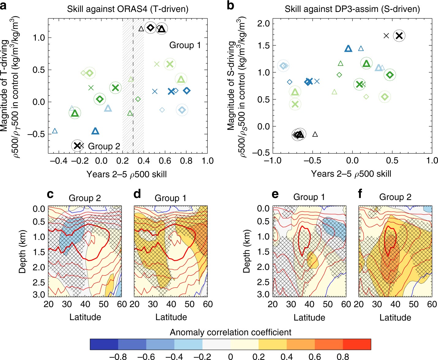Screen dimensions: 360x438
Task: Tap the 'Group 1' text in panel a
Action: tap(185, 45)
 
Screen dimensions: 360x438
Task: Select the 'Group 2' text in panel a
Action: tap(104, 146)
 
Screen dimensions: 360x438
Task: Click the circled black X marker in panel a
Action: tap(77, 146)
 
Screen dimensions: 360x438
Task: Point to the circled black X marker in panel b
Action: tap(399, 36)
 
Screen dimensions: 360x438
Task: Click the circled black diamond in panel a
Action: tap(150, 28)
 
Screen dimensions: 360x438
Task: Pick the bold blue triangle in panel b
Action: tap(348, 49)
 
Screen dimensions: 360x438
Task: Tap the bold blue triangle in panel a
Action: tap(95, 131)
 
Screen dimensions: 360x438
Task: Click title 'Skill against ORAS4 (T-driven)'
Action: tap(128, 9)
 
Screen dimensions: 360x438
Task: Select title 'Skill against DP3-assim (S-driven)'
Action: tap(352, 9)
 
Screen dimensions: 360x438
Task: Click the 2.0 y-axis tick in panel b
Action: tap(263, 23)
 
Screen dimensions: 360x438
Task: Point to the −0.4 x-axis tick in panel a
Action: tap(59, 161)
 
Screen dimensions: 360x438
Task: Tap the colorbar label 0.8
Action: tap(343, 356)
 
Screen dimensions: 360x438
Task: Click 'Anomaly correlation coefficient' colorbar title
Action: tap(230, 332)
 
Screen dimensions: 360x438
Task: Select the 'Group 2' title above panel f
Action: tap(395, 197)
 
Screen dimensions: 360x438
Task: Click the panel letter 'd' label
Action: tap(137, 194)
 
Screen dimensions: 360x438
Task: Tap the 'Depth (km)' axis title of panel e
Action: tap(247, 251)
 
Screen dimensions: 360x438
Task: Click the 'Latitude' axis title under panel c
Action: tap(85, 317)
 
